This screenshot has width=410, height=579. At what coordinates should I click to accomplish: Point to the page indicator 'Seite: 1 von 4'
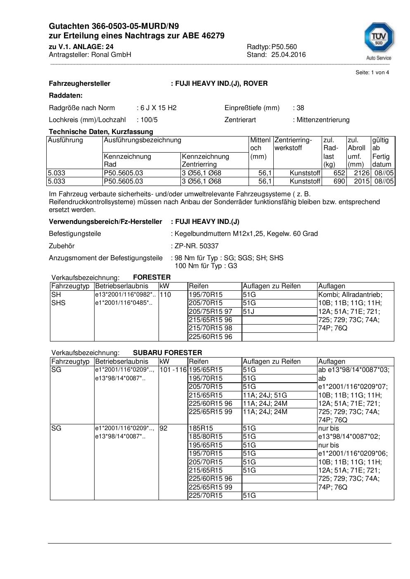click(372, 73)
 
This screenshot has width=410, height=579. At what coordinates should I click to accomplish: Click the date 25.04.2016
click(288, 55)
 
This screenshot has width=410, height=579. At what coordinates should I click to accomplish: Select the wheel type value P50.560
click(284, 47)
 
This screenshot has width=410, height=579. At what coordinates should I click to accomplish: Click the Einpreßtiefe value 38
click(300, 108)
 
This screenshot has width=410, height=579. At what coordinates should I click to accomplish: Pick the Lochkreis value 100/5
click(149, 120)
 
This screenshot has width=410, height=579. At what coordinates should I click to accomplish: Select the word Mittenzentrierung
click(323, 120)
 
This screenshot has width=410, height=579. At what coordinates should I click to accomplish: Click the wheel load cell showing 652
click(339, 173)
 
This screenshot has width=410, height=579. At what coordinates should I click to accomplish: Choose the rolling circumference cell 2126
click(361, 173)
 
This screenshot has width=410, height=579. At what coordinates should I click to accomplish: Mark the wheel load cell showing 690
click(339, 181)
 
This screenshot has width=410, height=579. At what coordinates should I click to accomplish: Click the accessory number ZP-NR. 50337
click(197, 246)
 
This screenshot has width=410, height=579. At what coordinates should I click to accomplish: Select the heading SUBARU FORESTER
click(167, 353)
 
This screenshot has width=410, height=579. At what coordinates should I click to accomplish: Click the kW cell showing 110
click(165, 295)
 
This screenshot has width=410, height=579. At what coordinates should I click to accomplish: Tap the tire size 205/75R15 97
click(210, 312)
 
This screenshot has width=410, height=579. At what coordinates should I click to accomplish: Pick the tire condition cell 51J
click(249, 312)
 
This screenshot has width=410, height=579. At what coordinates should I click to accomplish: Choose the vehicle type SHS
click(58, 303)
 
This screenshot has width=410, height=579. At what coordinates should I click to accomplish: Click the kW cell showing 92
click(164, 428)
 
